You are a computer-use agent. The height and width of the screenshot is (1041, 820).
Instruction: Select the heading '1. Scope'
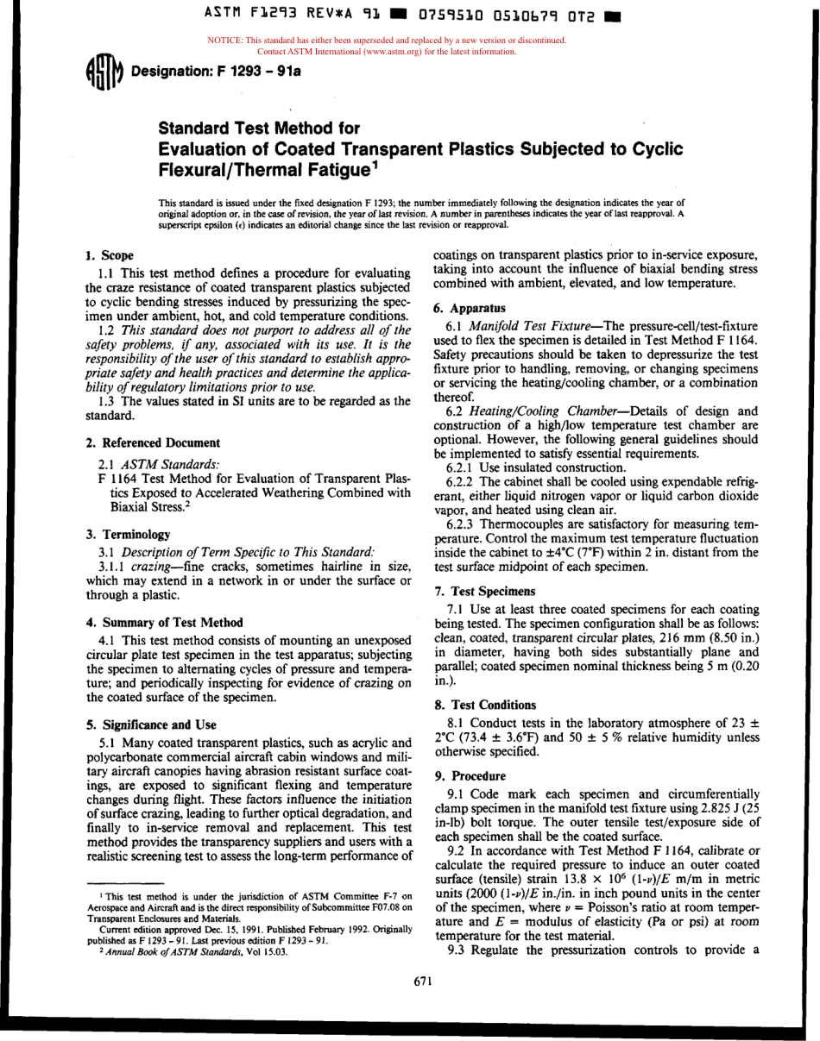pos(110,255)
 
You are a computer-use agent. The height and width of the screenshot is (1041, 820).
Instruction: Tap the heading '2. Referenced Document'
pos(153,442)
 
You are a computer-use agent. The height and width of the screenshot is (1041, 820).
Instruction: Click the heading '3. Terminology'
pos(128,534)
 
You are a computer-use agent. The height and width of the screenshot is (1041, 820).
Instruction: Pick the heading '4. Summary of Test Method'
pos(164,622)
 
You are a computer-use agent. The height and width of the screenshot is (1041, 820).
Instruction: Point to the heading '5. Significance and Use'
pos(151,724)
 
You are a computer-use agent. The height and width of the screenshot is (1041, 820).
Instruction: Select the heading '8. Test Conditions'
pos(484,705)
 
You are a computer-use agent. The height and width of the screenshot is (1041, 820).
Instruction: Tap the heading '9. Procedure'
pos(470,775)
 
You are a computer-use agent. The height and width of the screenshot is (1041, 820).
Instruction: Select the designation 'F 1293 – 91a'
pos(258,71)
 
